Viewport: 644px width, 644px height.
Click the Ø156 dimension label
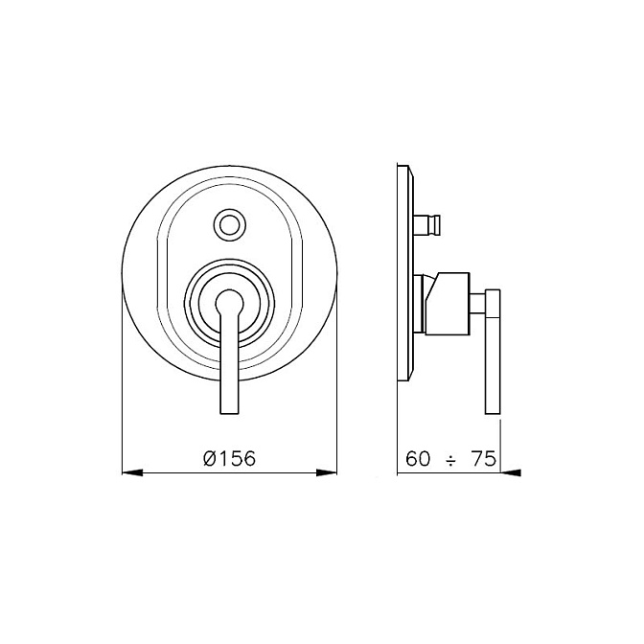tap(229, 458)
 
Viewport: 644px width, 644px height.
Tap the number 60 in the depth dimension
tap(418, 458)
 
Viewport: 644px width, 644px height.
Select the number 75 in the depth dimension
tap(484, 458)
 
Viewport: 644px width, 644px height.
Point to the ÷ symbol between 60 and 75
tap(451, 462)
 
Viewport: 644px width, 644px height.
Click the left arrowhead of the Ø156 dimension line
tap(132, 473)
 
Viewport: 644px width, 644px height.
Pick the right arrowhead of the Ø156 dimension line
tap(327, 473)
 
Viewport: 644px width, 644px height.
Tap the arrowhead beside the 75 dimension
tap(511, 473)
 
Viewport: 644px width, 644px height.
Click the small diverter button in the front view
tap(230, 224)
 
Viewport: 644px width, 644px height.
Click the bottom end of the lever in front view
tap(230, 412)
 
